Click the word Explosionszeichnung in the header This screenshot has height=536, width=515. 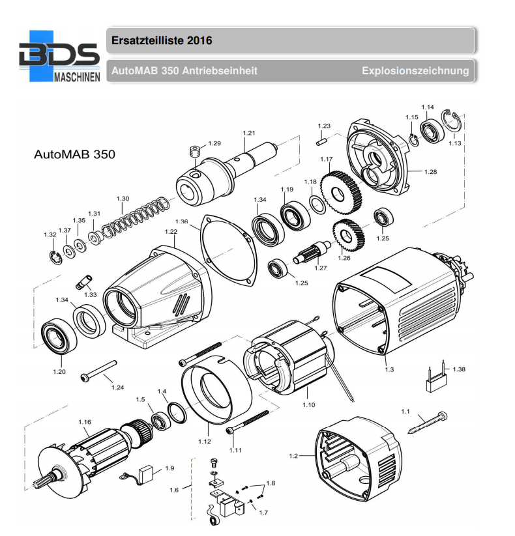click(x=415, y=70)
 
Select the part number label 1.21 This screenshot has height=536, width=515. click(x=248, y=133)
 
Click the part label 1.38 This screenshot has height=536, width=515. click(x=459, y=369)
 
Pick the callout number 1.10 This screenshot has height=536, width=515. click(x=308, y=404)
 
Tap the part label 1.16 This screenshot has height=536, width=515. click(x=85, y=422)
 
